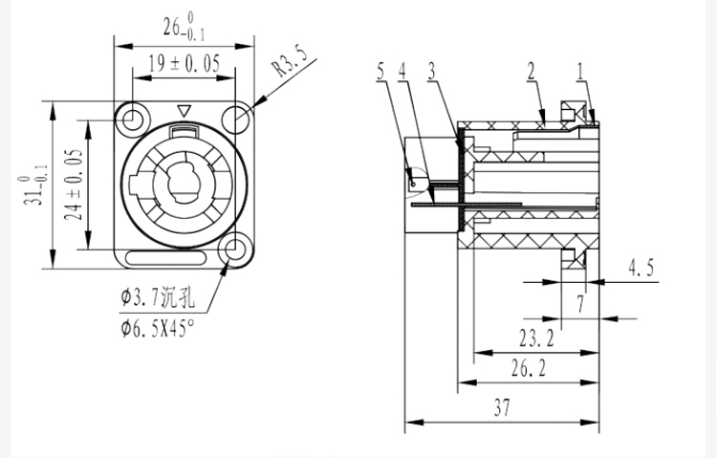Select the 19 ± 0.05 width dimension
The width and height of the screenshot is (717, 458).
185,64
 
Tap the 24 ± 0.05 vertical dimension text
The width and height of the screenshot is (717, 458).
74,184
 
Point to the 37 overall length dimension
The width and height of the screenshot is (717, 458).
502,407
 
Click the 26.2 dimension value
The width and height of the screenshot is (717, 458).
528,368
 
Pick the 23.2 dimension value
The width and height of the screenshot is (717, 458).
536,338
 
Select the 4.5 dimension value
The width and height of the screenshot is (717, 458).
641,268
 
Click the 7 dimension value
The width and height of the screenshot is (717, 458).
580,303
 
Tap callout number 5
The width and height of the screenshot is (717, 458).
380,72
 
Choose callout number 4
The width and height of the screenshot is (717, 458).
402,72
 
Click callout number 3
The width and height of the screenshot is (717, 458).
432,72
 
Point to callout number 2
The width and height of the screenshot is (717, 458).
531,72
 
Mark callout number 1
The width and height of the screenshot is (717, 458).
580,72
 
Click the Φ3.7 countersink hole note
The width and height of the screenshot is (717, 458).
158,298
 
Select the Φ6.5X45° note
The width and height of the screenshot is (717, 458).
158,328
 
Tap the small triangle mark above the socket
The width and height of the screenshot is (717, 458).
185,111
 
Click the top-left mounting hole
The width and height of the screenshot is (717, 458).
133,120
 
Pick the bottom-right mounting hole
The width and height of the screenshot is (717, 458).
235,250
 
